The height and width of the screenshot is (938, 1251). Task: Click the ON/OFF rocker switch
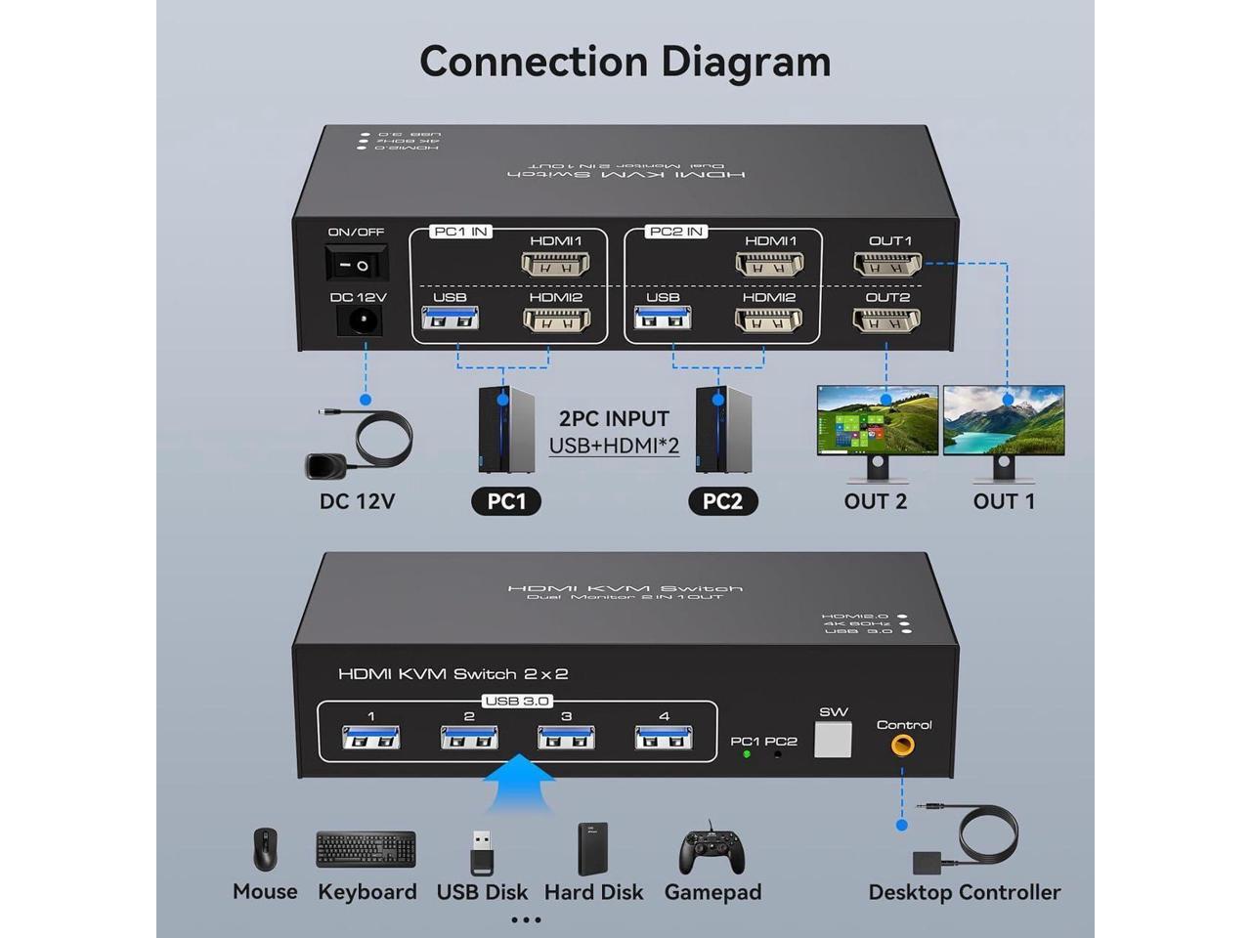[x=356, y=264]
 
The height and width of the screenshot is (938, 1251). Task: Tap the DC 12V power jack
[x=359, y=320]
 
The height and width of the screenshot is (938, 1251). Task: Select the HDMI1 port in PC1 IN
[x=555, y=264]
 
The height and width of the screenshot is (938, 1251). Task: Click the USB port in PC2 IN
[x=663, y=318]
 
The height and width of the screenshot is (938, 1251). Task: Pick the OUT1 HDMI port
[x=887, y=263]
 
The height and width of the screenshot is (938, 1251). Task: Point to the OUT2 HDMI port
[x=886, y=320]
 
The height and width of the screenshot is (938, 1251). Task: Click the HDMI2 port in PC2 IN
[x=768, y=320]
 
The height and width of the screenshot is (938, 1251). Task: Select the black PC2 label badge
[x=722, y=501]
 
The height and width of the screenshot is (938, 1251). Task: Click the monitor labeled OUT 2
[x=877, y=422]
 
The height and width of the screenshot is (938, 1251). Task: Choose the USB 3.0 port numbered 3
[x=566, y=738]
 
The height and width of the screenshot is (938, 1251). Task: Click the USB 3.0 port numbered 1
[x=371, y=738]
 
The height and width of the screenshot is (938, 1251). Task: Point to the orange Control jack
[x=902, y=746]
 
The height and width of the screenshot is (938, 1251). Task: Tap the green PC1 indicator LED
[x=747, y=754]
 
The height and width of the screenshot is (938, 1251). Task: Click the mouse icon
[x=265, y=850]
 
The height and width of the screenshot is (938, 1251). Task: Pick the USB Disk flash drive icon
[x=482, y=852]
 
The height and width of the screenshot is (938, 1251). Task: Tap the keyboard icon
[x=367, y=850]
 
